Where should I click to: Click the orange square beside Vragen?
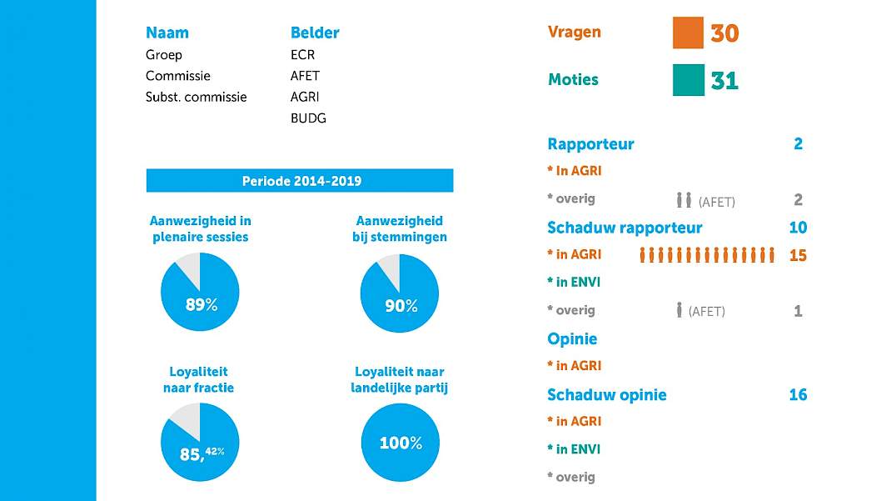pos(688,33)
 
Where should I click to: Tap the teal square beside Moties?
pos(688,80)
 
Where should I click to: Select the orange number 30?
pos(724,33)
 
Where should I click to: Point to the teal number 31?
pos(724,80)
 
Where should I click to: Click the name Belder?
pos(314,33)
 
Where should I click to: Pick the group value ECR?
pos(302,54)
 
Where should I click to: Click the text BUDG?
pos(308,118)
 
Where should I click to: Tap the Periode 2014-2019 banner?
pos(300,180)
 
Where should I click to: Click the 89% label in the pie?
pos(202,305)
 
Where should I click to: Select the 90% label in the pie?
pos(401,306)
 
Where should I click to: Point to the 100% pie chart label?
pos(401,443)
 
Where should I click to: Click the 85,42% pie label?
pos(202,453)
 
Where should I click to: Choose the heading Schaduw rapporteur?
pos(625,228)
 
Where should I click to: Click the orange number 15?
pos(798,255)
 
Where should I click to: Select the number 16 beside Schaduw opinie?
pos(798,394)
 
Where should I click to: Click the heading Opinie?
pos(571,339)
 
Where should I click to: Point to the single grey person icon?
pos(679,309)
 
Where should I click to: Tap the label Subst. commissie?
pos(196,97)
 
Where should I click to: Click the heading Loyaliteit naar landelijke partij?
pos(400,379)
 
